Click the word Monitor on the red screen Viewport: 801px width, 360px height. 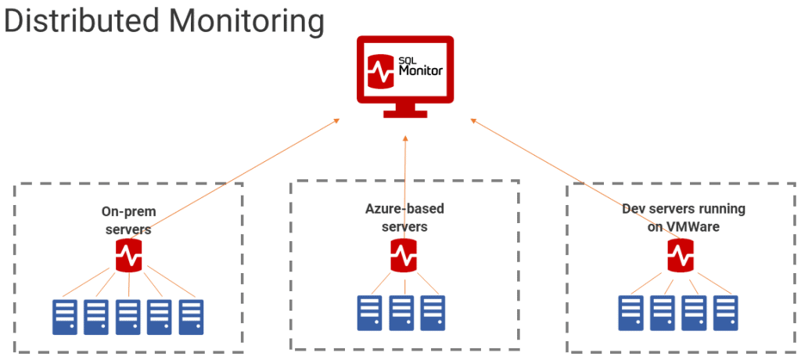[421, 70]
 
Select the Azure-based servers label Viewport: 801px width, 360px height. [404, 218]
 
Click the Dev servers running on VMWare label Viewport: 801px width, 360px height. [683, 218]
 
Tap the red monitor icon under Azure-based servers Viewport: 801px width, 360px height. [404, 254]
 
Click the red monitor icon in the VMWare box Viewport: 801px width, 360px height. [681, 254]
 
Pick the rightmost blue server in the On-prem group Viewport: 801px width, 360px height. [191, 315]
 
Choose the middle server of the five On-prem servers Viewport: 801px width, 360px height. [128, 315]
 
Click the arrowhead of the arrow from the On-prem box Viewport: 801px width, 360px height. [337, 121]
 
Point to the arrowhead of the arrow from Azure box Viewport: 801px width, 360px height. [405, 138]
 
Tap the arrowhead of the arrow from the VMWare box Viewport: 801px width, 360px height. [472, 121]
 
